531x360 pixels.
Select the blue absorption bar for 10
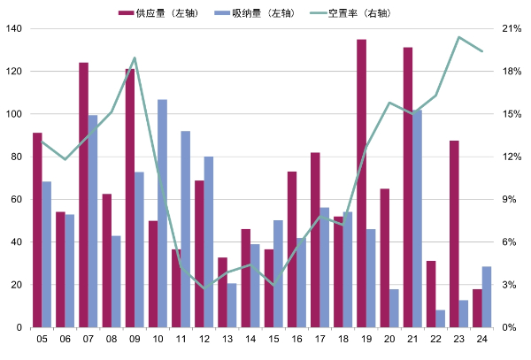click(162, 213)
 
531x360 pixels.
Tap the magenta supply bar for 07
click(83, 195)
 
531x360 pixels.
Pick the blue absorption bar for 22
click(441, 318)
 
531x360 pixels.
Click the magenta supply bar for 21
click(408, 187)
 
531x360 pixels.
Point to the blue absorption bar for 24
click(487, 296)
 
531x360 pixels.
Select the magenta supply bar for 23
click(454, 234)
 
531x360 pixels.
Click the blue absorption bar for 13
click(232, 305)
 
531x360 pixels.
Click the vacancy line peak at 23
click(458, 37)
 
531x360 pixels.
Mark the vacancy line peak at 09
click(135, 58)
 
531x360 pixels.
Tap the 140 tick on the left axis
click(13, 28)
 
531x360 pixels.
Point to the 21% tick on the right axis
click(511, 28)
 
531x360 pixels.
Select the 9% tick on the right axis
click(509, 199)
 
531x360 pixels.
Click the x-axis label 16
click(296, 339)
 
